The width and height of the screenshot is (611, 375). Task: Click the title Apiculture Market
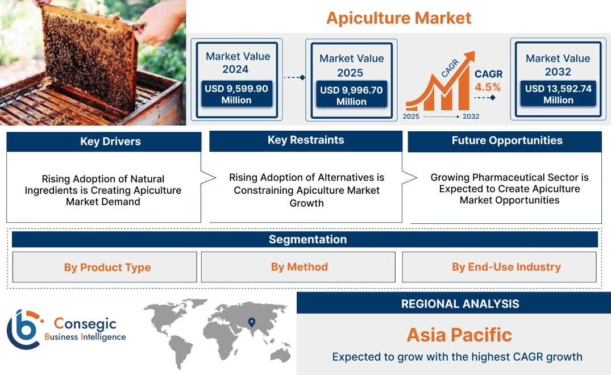398,18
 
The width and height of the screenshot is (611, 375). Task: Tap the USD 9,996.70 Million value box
351,95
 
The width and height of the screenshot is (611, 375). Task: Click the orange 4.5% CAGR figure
488,87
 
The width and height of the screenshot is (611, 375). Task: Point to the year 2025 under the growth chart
412,116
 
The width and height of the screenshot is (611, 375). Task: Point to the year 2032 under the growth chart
471,116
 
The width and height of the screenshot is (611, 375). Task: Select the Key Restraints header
306,140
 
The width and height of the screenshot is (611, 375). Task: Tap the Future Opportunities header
507,140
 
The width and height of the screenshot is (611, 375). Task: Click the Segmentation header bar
307,239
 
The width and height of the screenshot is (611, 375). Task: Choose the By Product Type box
107,268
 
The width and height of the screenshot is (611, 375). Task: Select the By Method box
299,267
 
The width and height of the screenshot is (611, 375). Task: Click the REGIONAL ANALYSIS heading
460,303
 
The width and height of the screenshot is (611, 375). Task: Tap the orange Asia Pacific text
459,335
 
